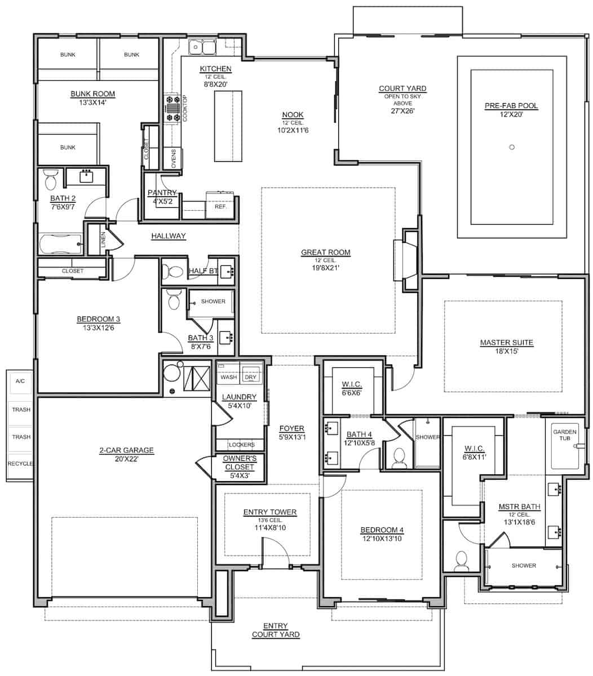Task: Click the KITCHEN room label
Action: [x=215, y=69]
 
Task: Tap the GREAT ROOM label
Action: [x=326, y=252]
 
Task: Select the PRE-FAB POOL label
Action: [x=511, y=106]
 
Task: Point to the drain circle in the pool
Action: [x=512, y=147]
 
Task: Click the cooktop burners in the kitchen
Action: [x=172, y=108]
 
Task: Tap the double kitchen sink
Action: [x=202, y=47]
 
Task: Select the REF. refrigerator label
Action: [x=220, y=207]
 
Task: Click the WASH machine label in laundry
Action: [x=229, y=377]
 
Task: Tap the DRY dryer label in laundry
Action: [x=250, y=377]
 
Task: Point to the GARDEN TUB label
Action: [x=565, y=435]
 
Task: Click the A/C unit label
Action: [x=20, y=381]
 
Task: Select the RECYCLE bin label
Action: [x=20, y=464]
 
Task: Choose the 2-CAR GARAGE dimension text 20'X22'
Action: [x=126, y=459]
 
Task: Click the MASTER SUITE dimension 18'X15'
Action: [x=507, y=351]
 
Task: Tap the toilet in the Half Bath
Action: [x=172, y=272]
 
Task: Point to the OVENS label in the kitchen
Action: [x=173, y=158]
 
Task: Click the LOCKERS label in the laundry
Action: [x=242, y=445]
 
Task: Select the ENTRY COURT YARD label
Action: [x=276, y=630]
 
